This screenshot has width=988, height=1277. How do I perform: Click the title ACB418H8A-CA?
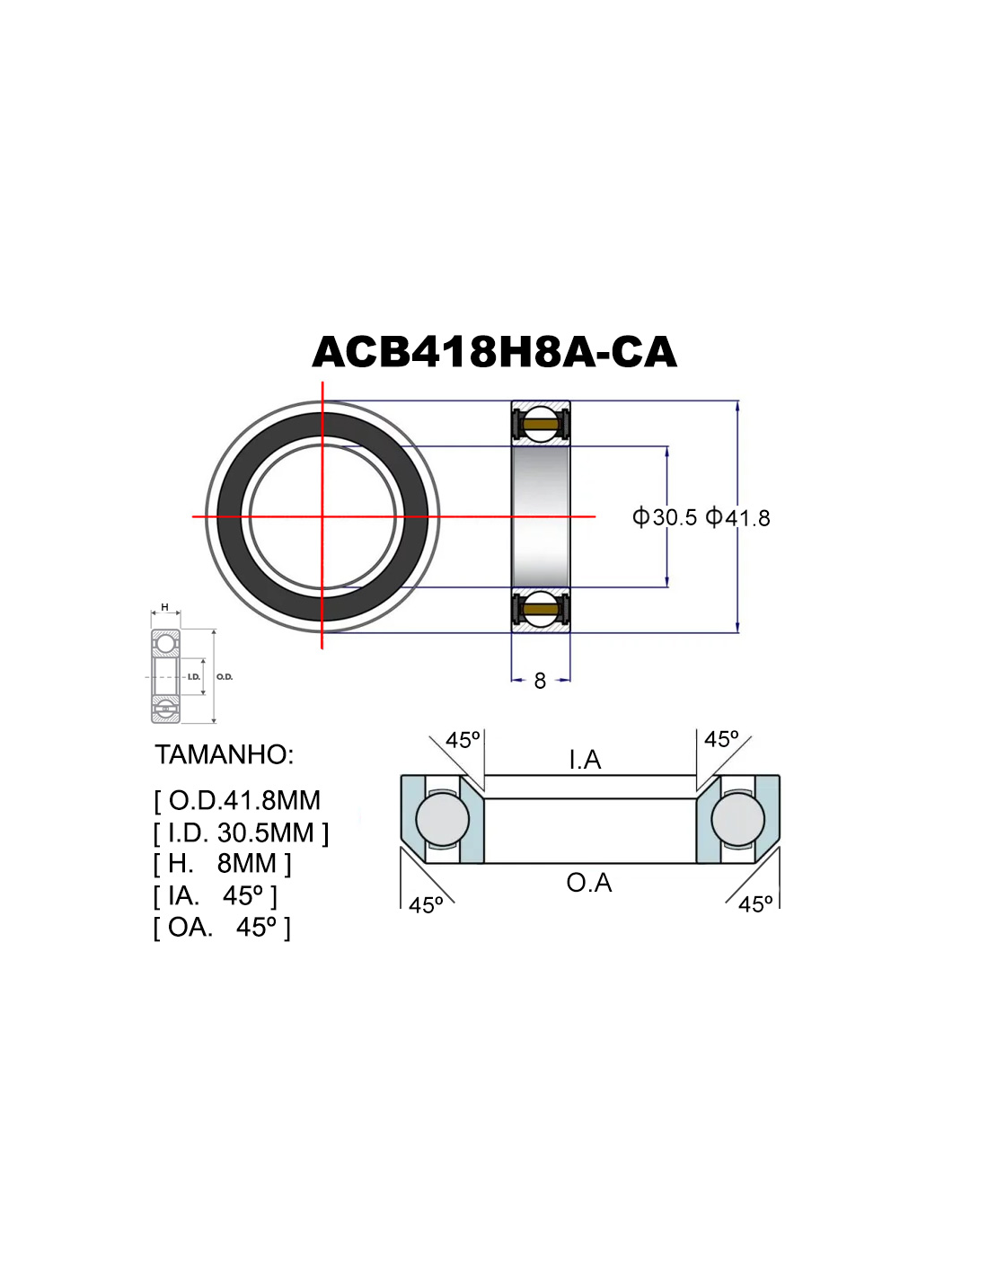(494, 352)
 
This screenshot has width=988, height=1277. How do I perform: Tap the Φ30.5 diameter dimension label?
(664, 517)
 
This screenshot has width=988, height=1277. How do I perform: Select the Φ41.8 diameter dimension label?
(737, 517)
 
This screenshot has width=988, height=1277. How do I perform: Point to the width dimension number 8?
(540, 681)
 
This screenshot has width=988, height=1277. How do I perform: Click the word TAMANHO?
(224, 754)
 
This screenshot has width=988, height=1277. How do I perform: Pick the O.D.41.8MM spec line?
(237, 800)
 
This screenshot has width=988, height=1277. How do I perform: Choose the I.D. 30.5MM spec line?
(241, 832)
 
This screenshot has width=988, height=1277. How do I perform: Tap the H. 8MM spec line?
(222, 863)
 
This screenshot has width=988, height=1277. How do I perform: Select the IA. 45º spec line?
(216, 895)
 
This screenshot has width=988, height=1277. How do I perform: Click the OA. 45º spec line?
(222, 927)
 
